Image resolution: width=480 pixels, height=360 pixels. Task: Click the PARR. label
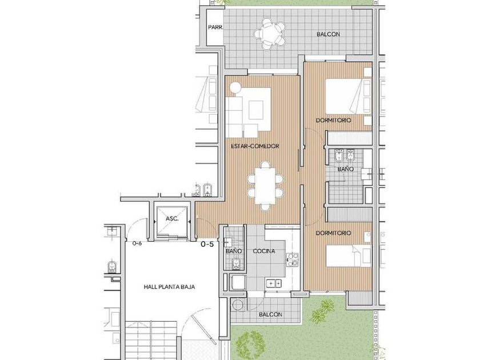(216, 27)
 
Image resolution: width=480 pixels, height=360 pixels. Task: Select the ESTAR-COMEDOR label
(255, 146)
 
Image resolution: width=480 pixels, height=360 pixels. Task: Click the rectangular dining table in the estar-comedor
(265, 186)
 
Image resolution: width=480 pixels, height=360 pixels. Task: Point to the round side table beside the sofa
(236, 87)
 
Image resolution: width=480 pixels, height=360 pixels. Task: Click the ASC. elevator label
(172, 219)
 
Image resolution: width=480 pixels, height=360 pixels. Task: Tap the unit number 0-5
(207, 245)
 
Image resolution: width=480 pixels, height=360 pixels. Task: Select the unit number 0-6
(137, 243)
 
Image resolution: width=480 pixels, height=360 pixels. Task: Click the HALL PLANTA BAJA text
(169, 287)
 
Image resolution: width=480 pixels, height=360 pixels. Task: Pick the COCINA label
(264, 251)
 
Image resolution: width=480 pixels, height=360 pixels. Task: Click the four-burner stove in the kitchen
(293, 259)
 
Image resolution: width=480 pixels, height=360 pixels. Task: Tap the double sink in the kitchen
(274, 283)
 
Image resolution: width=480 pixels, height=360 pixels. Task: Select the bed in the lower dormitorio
(349, 255)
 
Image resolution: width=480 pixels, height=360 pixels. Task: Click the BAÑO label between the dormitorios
(346, 169)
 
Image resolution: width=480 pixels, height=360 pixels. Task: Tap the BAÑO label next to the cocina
(234, 251)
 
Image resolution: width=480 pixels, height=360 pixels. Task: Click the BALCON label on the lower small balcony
(271, 315)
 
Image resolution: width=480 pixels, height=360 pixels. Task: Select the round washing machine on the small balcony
(237, 305)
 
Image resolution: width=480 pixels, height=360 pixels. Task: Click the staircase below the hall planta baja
(151, 340)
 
